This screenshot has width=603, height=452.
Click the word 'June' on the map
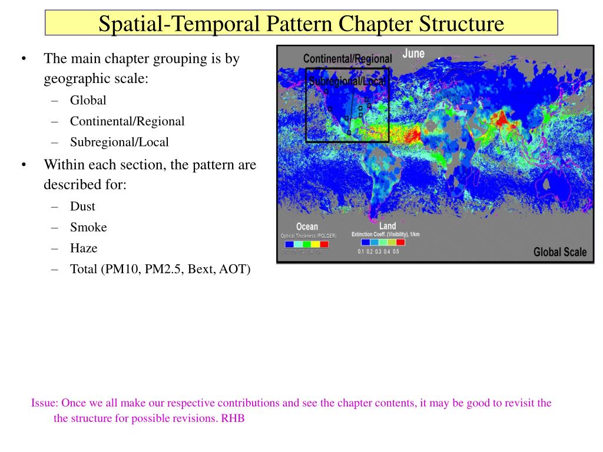point(413,54)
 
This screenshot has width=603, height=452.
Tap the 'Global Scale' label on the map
point(560,252)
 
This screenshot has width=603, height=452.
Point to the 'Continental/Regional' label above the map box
point(347,59)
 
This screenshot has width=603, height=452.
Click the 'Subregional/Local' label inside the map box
point(346,81)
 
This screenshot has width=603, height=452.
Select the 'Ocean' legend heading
point(307,227)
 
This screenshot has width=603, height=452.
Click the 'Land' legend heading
point(387,226)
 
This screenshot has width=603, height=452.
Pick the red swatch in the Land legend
point(400,242)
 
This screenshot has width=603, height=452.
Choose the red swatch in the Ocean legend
point(324,244)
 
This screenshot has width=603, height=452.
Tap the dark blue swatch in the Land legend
point(366,242)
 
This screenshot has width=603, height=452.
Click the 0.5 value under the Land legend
point(396,252)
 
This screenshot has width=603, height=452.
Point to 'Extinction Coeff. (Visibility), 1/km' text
point(385,234)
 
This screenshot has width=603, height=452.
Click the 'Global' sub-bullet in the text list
point(88,101)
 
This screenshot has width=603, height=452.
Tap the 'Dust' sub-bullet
point(82,207)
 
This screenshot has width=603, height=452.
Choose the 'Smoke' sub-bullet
point(88,227)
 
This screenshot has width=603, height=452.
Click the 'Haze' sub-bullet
point(84,248)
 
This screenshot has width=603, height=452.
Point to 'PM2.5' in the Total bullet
point(165,270)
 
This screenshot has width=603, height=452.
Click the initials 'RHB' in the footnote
point(233,419)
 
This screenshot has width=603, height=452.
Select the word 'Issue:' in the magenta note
point(45,403)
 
